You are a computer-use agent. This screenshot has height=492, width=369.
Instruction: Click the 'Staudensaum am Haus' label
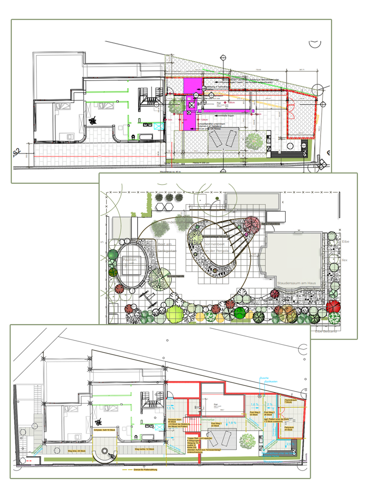pos(296,283)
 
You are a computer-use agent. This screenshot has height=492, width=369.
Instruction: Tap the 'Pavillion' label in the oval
pos(130,260)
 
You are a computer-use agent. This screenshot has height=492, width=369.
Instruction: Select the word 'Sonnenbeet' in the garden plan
pos(214,244)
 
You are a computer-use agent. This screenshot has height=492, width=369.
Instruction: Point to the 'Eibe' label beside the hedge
pos(345,242)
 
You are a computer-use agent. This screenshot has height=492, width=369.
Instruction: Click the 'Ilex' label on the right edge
pos(344,260)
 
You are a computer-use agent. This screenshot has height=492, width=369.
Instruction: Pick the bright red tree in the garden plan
pos(333,306)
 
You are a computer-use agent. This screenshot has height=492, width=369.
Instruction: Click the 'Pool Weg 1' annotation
pos(216,424)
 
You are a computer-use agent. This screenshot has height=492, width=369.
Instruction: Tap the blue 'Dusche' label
pos(264,378)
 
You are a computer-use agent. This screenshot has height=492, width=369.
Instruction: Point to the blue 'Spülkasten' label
pos(271,382)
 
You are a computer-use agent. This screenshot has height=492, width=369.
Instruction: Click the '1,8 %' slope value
pos(232,423)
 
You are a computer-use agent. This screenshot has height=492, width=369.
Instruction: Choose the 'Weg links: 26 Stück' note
pos(77,451)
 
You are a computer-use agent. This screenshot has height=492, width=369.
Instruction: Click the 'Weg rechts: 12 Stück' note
pos(144,449)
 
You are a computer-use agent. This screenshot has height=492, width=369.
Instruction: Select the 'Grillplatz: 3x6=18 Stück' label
pos(104,430)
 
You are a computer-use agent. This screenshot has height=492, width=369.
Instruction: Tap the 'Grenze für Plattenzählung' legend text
pos(145,470)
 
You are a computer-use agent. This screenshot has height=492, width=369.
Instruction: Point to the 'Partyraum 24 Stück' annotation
pos(289,429)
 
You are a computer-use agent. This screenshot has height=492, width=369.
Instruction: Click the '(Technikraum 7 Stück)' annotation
pos(290,401)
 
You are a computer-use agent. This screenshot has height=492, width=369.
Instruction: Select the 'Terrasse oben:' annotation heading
pos(175,420)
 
